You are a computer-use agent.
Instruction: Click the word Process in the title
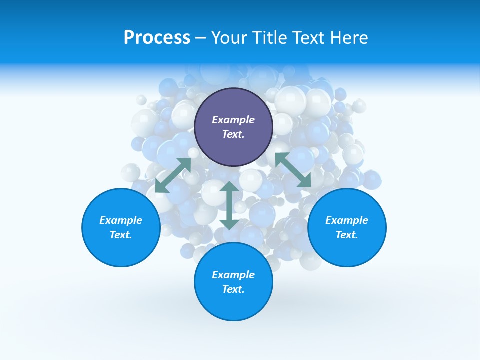click(157, 38)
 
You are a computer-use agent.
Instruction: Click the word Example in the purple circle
click(233, 120)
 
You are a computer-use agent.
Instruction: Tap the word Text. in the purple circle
click(233, 134)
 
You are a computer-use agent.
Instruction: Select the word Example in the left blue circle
click(121, 220)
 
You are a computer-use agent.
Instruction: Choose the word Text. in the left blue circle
click(121, 235)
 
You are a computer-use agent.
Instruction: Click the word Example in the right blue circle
click(347, 220)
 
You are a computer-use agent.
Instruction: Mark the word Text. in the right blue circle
click(347, 235)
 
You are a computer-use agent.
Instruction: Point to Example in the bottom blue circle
click(233, 275)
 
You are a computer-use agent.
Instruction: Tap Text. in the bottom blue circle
click(233, 289)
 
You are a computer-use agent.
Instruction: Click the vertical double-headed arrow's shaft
click(229, 205)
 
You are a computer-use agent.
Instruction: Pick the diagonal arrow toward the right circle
click(293, 170)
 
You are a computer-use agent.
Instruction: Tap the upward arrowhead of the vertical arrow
click(229, 187)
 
